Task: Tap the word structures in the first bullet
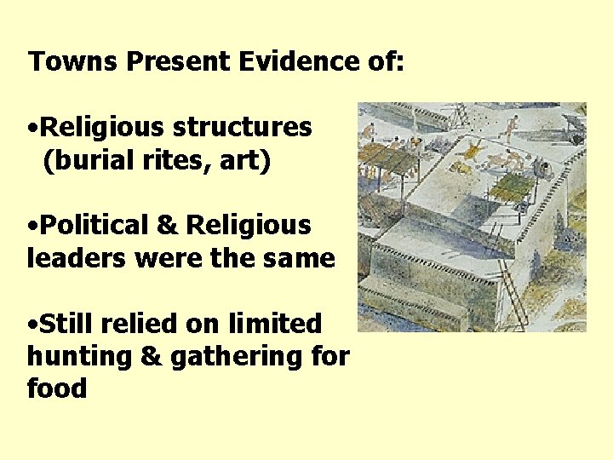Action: [x=242, y=127]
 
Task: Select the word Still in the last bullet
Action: [x=69, y=324]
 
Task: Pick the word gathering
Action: [x=242, y=357]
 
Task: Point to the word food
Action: [x=57, y=389]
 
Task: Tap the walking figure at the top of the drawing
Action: [x=508, y=129]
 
